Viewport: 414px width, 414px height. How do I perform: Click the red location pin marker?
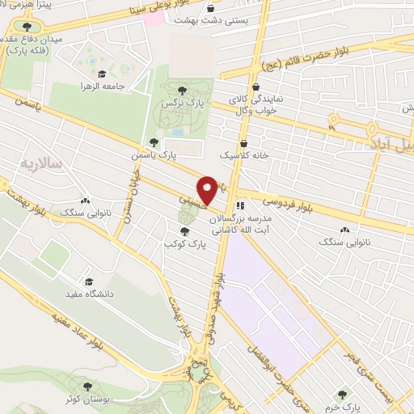(x=209, y=190)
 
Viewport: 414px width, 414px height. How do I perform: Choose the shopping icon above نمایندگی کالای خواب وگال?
(x=256, y=87)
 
